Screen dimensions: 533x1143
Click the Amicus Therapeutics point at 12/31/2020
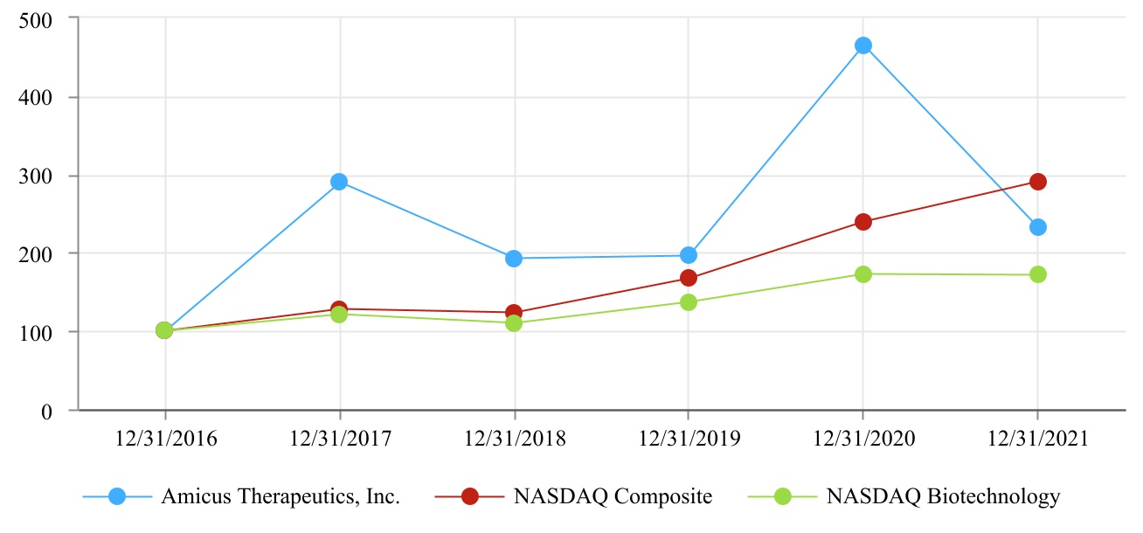pos(862,45)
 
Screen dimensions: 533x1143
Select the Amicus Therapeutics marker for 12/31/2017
pos(339,182)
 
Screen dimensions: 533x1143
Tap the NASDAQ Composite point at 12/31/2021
pos(1037,182)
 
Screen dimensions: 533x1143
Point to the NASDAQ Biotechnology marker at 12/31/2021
pos(1037,274)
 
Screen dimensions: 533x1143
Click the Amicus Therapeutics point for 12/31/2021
pos(1037,227)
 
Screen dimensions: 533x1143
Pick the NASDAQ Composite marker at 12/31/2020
pos(862,222)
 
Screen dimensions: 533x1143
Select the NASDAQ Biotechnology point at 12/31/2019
pos(688,302)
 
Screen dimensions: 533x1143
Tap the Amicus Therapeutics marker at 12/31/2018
pos(514,259)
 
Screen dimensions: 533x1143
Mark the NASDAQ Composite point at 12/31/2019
pos(688,279)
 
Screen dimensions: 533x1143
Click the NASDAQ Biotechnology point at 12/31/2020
pos(862,274)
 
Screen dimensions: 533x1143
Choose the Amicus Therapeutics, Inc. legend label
pos(281,497)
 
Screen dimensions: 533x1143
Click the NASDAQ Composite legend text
pos(613,497)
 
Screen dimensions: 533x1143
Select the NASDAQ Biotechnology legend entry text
pos(943,497)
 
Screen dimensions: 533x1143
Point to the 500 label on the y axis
pos(35,18)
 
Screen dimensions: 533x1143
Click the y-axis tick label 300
pos(35,176)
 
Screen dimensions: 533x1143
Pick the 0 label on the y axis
pos(47,411)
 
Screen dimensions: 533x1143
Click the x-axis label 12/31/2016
pos(165,439)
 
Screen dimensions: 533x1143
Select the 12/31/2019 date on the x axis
pos(689,439)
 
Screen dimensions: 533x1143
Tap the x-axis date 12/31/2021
pos(1037,439)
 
